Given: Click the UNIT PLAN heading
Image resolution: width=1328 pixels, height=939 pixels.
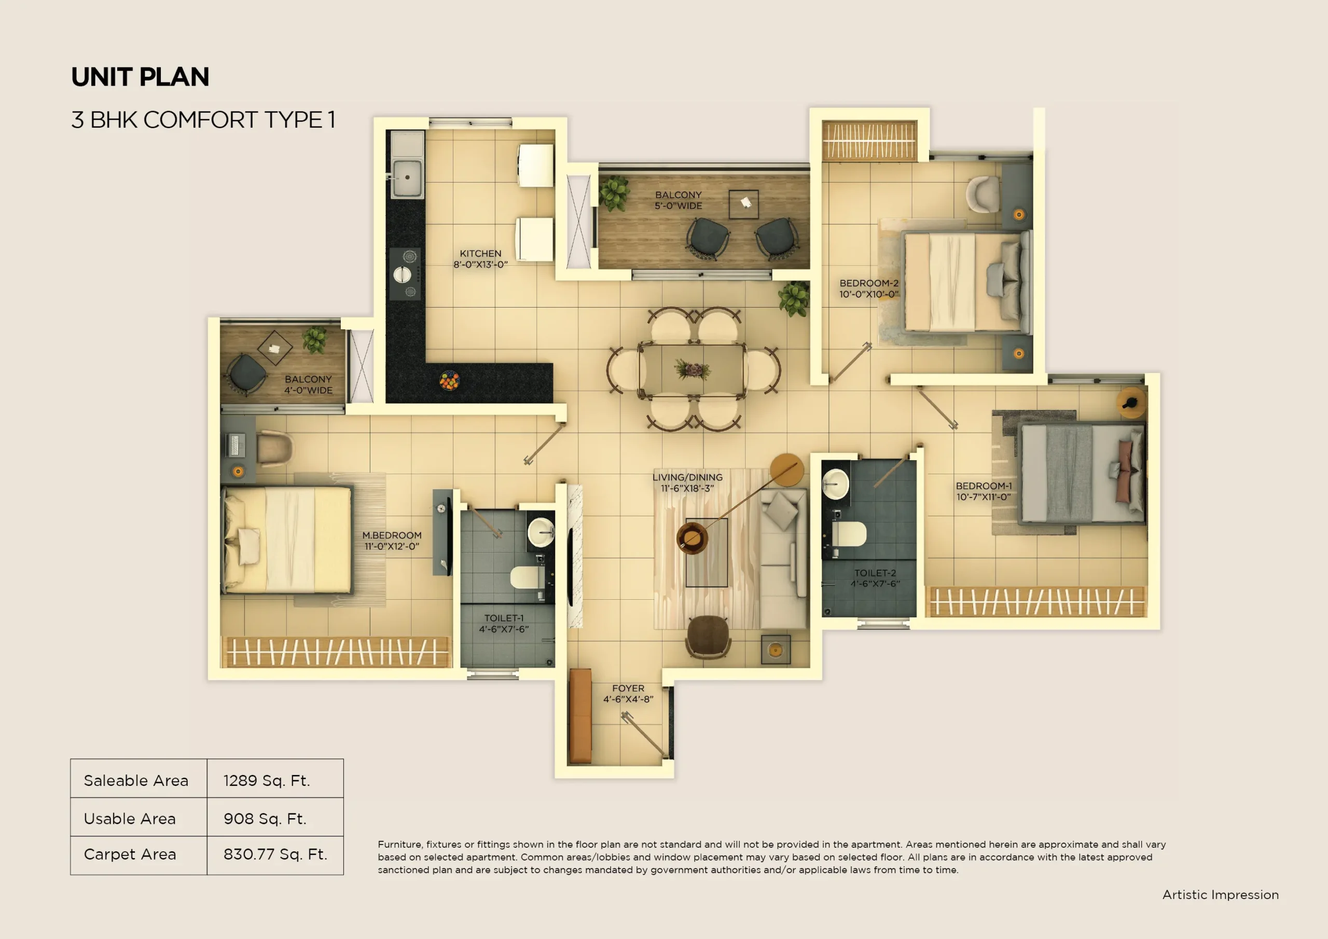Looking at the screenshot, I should point(140,77).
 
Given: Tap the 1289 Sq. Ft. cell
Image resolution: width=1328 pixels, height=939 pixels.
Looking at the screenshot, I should point(267,780).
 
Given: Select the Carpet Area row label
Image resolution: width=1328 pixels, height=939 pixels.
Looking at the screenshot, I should point(130,854).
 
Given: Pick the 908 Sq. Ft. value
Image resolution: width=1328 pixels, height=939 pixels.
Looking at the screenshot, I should point(265,819).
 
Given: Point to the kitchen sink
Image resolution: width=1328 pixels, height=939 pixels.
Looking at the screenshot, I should point(407,177).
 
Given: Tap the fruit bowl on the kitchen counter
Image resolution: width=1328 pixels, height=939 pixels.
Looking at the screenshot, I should point(449,381).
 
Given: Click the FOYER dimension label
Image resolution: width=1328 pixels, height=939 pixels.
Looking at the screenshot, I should point(628,694).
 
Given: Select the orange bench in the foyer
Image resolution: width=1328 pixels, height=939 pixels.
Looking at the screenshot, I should point(580,716).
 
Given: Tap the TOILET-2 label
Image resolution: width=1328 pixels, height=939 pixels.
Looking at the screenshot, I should point(875,578).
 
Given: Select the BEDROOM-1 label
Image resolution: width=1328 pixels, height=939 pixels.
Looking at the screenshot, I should point(983,491).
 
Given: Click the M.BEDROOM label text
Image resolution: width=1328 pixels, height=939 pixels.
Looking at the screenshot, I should point(392,541).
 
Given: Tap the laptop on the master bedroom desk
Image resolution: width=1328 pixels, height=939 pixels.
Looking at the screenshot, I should point(236,445).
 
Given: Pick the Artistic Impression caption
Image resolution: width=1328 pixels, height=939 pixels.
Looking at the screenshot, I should point(1221,894).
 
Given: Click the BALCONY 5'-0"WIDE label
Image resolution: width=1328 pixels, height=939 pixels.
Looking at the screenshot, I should point(678,200).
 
